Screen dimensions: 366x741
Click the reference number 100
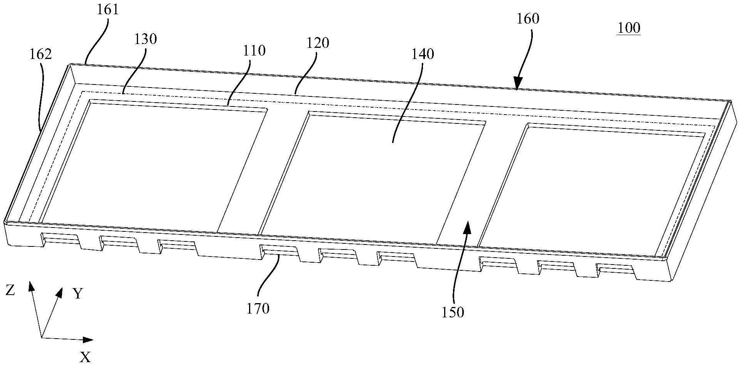(x=628, y=28)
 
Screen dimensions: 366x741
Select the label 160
(x=528, y=19)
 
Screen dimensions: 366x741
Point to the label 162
(x=40, y=54)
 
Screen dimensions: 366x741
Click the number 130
(x=146, y=39)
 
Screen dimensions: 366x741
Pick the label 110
(x=254, y=51)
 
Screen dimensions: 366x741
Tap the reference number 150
(x=453, y=312)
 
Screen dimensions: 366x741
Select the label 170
(x=258, y=308)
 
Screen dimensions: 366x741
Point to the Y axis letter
(x=78, y=295)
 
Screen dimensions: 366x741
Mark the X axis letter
(x=85, y=357)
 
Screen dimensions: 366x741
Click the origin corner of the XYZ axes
(x=41, y=338)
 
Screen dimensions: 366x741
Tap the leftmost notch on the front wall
(x=61, y=240)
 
